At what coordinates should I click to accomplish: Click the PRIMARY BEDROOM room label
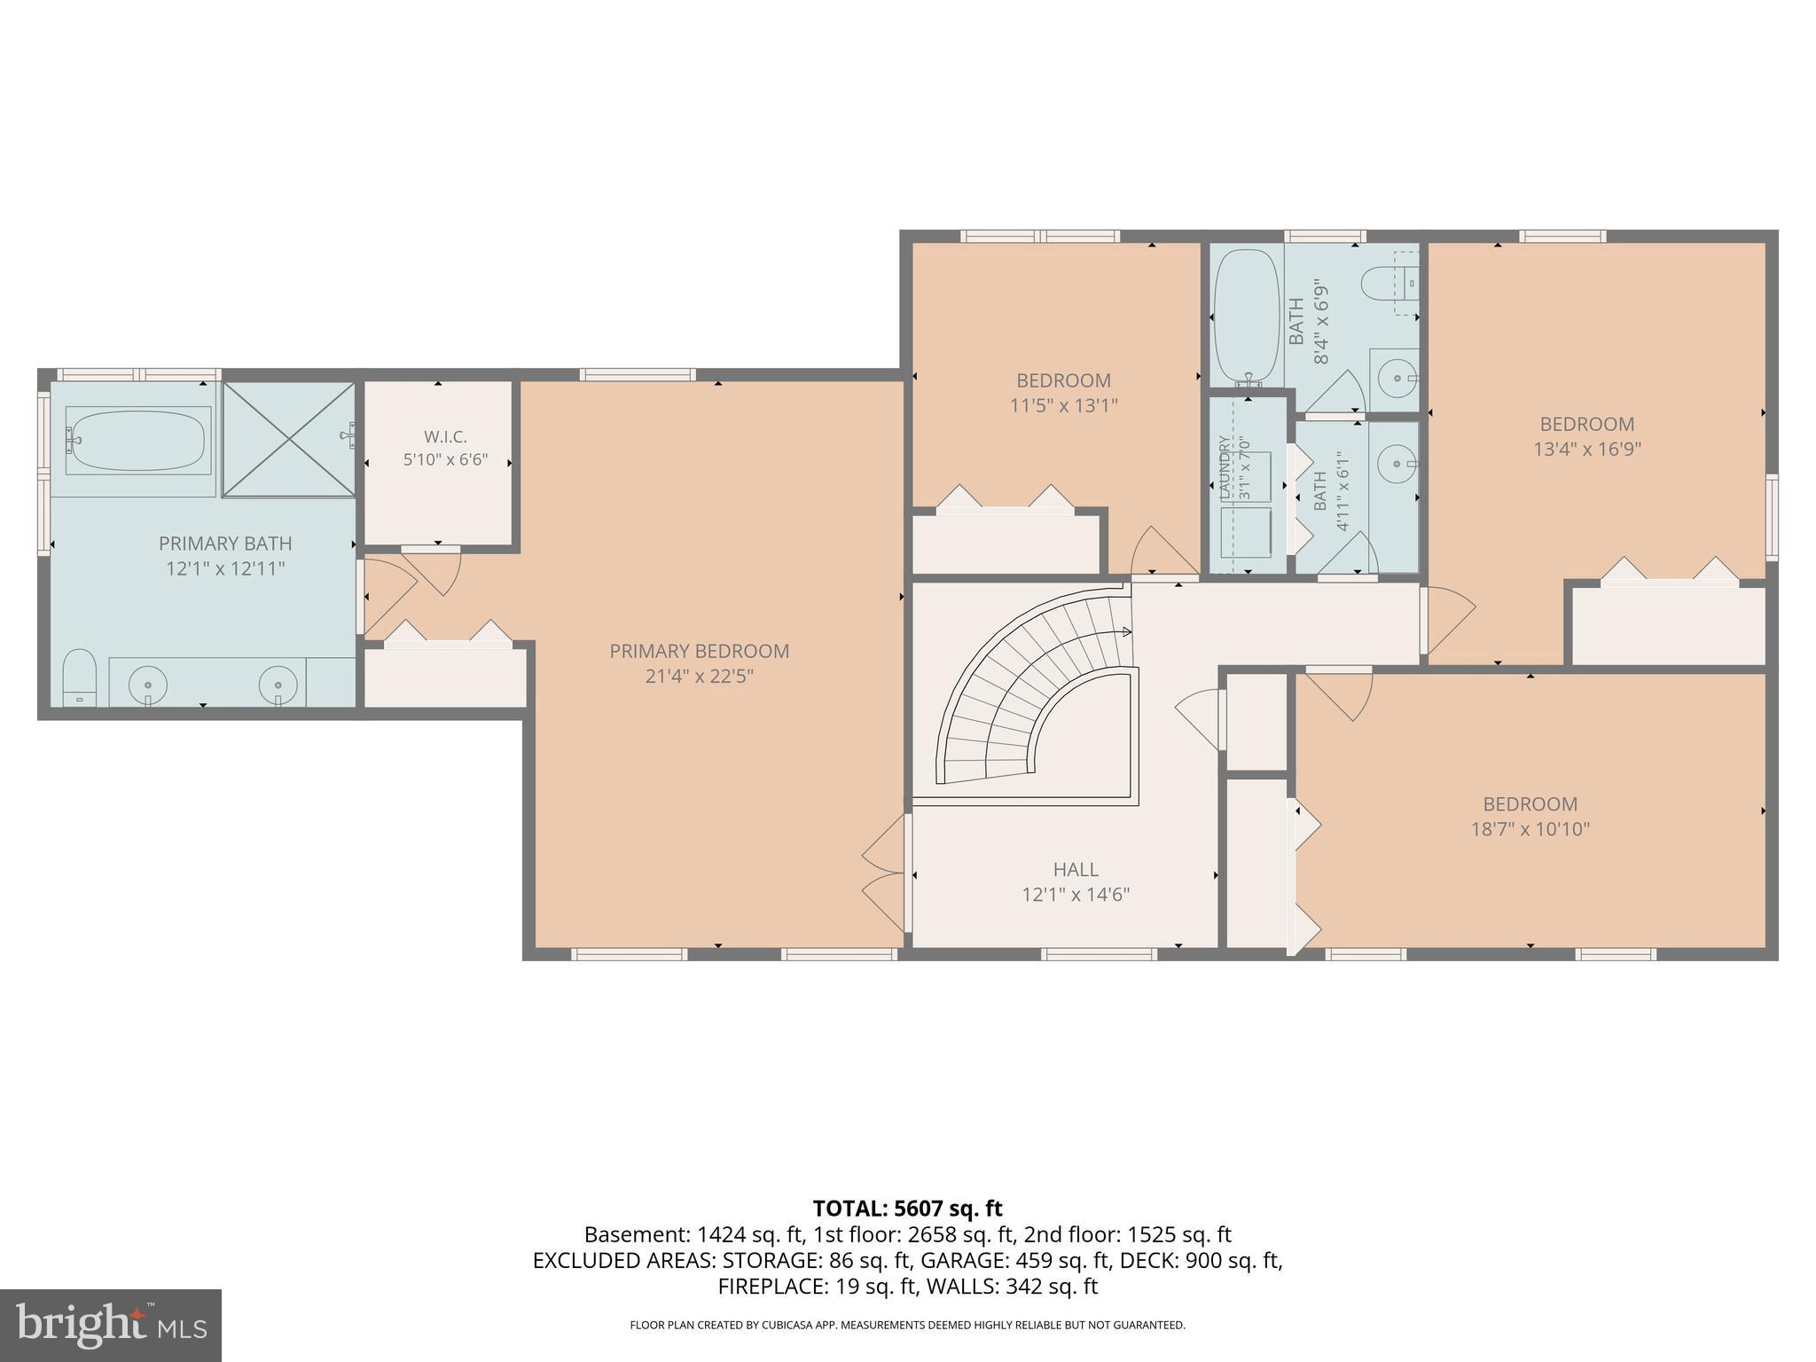point(699,651)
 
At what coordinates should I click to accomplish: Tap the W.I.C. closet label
point(445,437)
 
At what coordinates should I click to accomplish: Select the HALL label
point(1076,870)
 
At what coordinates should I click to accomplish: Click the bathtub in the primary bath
point(139,439)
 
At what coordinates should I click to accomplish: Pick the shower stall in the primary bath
point(288,440)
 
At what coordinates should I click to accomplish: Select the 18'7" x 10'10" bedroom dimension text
point(1530,829)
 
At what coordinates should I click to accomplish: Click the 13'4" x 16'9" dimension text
point(1587,449)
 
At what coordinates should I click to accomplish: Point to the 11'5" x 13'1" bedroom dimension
point(1064,405)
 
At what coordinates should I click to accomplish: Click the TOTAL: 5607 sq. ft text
point(907,1208)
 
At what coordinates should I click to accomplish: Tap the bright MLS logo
point(111,1326)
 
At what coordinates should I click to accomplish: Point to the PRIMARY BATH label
point(225,544)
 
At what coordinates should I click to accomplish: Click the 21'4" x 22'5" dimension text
point(700,676)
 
